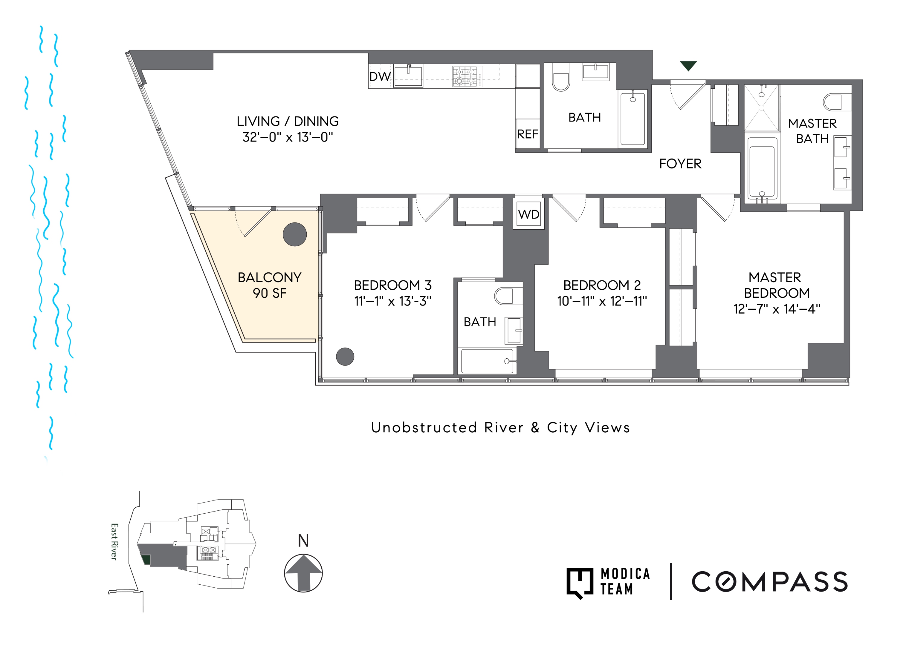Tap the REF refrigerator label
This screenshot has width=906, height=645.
point(527,134)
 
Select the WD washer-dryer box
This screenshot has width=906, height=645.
point(528,214)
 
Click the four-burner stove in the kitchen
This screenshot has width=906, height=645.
point(465,76)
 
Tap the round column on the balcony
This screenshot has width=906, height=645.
point(295,234)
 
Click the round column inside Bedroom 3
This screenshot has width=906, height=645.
point(345,356)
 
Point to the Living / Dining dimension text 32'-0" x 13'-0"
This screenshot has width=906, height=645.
point(288,137)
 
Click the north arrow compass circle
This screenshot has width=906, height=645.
point(303,573)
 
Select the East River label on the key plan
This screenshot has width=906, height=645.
point(114,542)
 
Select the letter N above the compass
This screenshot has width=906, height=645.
point(303,540)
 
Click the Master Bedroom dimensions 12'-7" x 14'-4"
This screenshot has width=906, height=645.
point(776,309)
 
